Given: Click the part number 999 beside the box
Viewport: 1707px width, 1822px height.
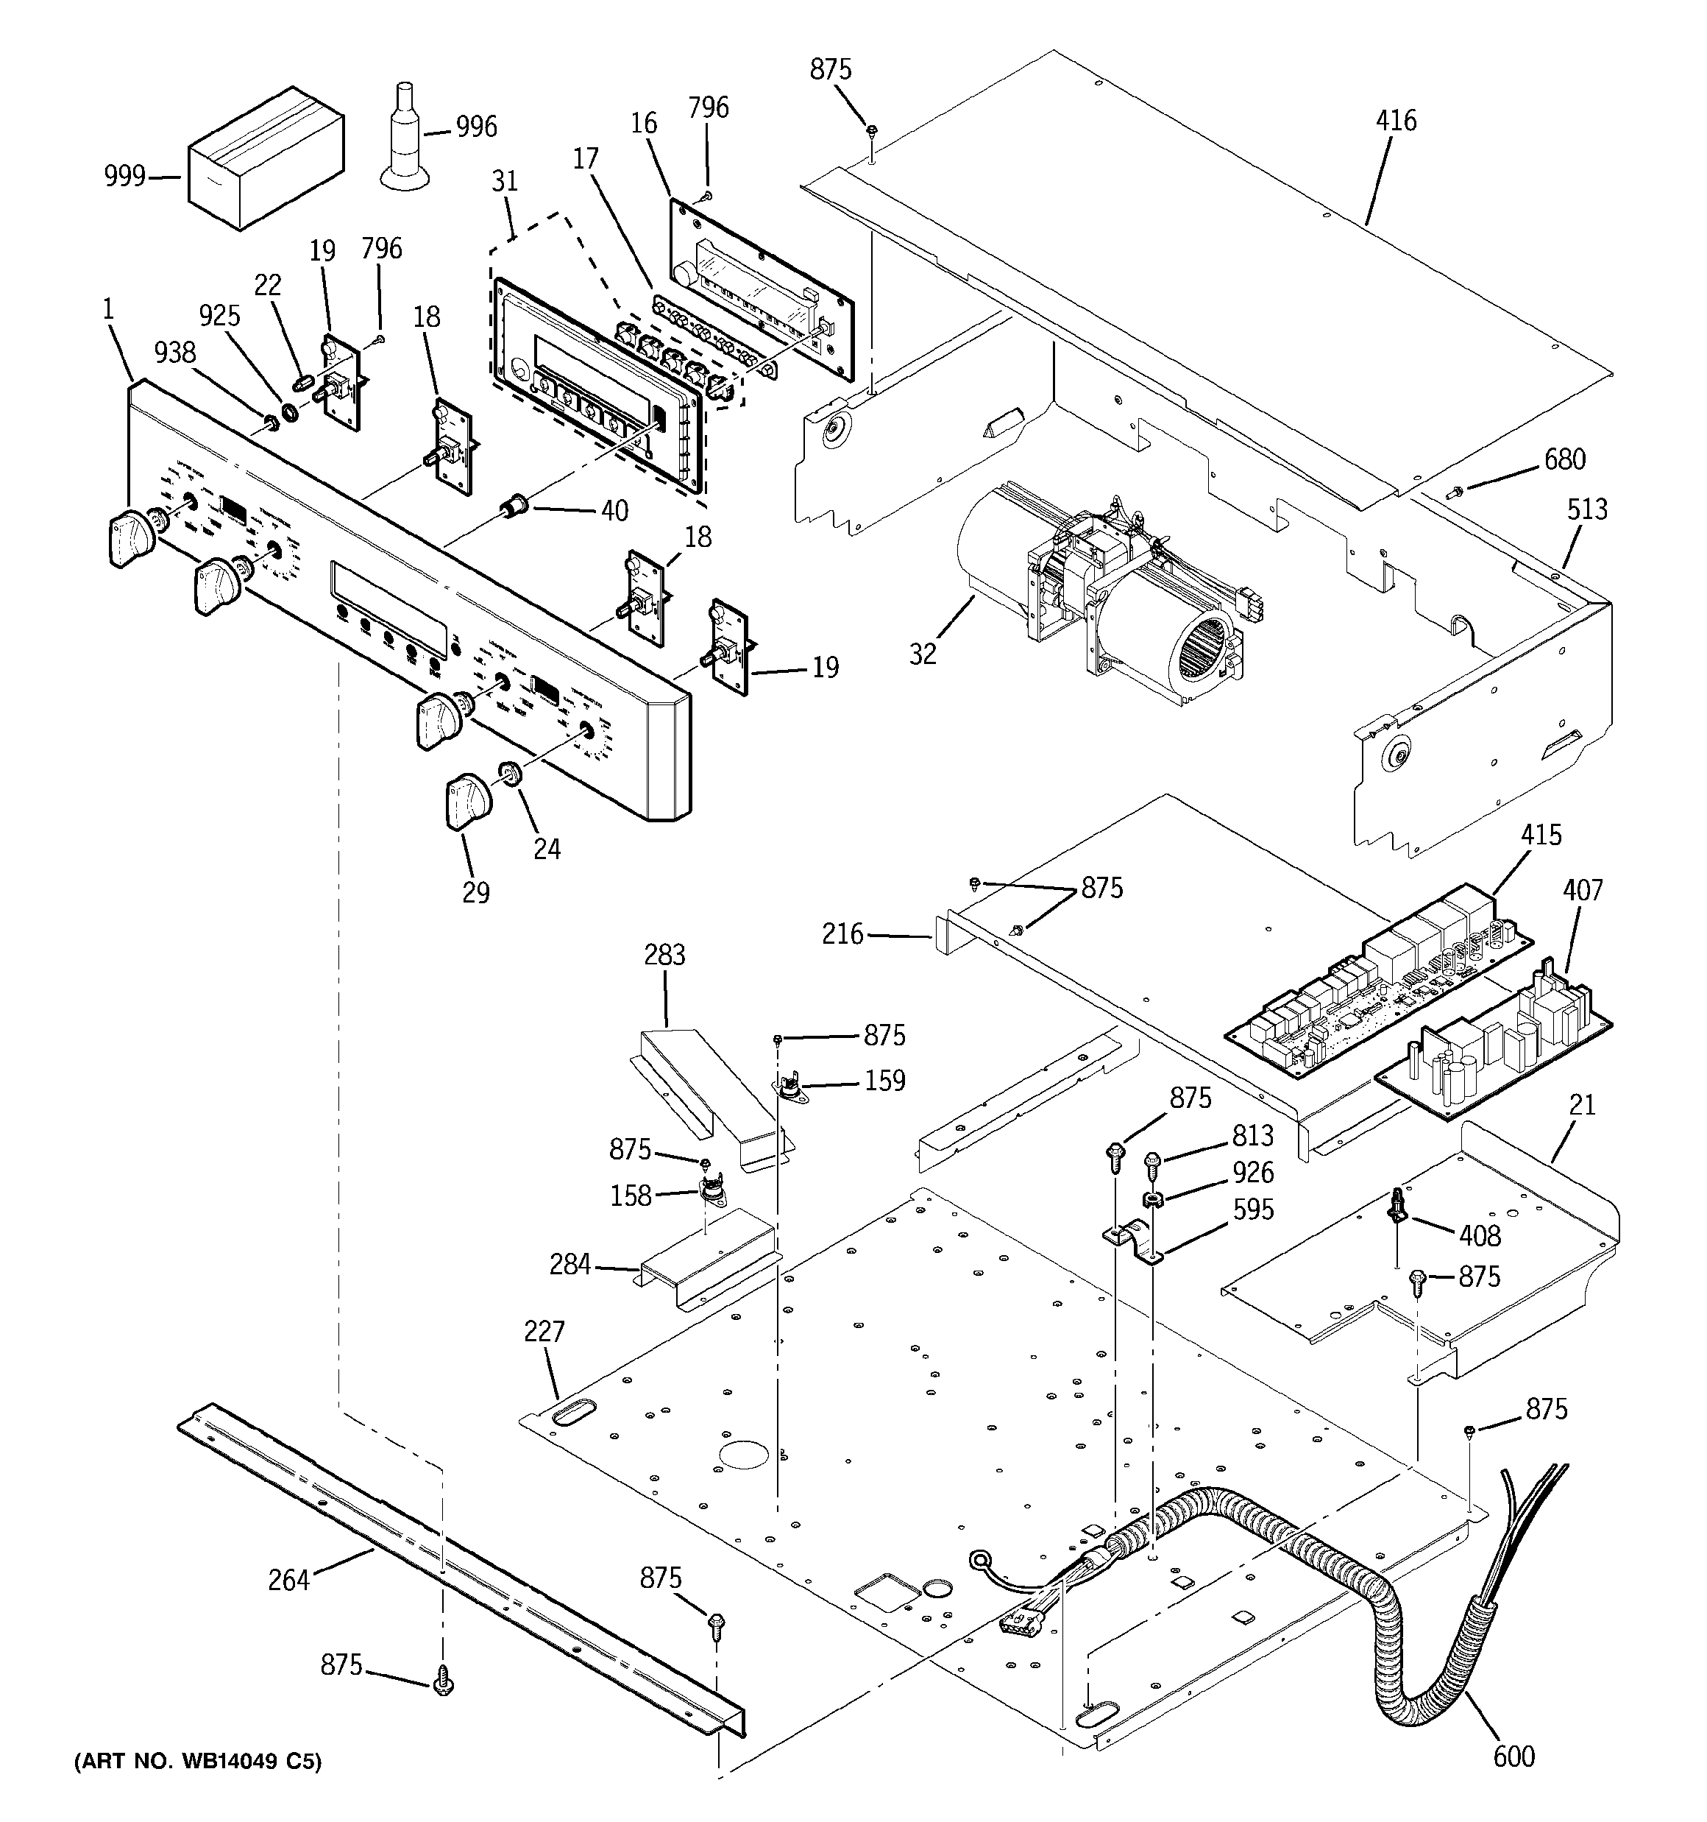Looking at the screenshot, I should pos(124,176).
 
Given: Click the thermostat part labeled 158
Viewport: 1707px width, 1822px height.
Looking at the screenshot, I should pos(710,1191).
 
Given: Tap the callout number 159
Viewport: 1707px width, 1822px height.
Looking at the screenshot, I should pos(884,1081).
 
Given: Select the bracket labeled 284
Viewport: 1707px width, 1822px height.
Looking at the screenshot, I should pos(710,1265).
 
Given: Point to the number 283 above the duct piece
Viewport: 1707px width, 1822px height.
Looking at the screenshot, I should pos(664,955).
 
